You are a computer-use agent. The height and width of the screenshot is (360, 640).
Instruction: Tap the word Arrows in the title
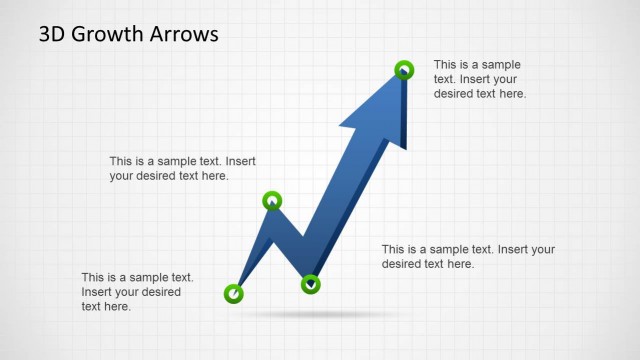(x=184, y=35)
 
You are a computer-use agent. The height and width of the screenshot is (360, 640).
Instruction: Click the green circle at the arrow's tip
(x=404, y=69)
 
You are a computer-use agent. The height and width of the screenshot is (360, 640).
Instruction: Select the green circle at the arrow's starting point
(x=233, y=293)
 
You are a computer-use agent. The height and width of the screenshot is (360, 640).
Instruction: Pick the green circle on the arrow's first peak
(x=272, y=202)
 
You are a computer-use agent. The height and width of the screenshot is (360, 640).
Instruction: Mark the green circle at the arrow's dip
(x=311, y=284)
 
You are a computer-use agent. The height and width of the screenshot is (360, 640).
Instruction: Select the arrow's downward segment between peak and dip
(x=292, y=240)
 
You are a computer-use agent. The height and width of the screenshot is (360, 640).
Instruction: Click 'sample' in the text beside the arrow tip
(x=500, y=64)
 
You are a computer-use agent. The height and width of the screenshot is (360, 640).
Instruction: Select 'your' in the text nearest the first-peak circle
(x=122, y=176)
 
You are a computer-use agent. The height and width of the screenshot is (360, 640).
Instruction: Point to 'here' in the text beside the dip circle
(x=460, y=264)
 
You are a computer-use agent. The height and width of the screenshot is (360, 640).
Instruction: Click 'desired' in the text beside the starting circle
(x=160, y=292)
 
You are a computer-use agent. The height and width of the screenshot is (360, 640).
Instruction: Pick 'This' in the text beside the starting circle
(x=93, y=277)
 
